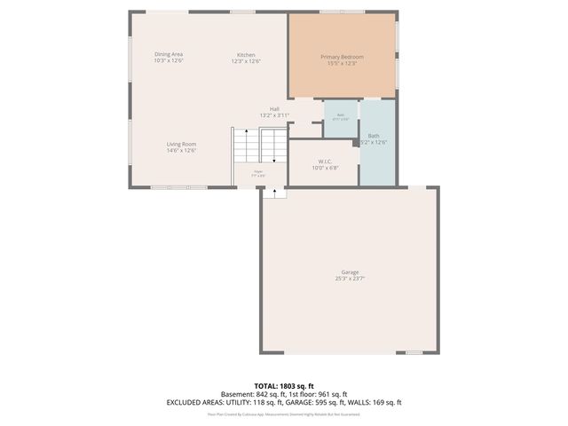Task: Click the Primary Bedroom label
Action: tap(342, 57)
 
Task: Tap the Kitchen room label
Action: tap(246, 55)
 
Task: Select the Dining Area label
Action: tap(169, 55)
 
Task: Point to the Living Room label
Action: tap(181, 144)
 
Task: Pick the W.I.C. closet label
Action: tap(325, 161)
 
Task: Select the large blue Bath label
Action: tap(374, 136)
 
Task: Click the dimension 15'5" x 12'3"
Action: tap(342, 63)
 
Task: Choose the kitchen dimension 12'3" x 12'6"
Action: tap(246, 62)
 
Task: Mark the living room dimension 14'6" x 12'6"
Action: tap(181, 151)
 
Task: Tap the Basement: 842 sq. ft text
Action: tap(251, 394)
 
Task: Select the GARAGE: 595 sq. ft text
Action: tap(326, 401)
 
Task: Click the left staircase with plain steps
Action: tap(244, 145)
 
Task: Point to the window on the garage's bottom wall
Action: tap(412, 352)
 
